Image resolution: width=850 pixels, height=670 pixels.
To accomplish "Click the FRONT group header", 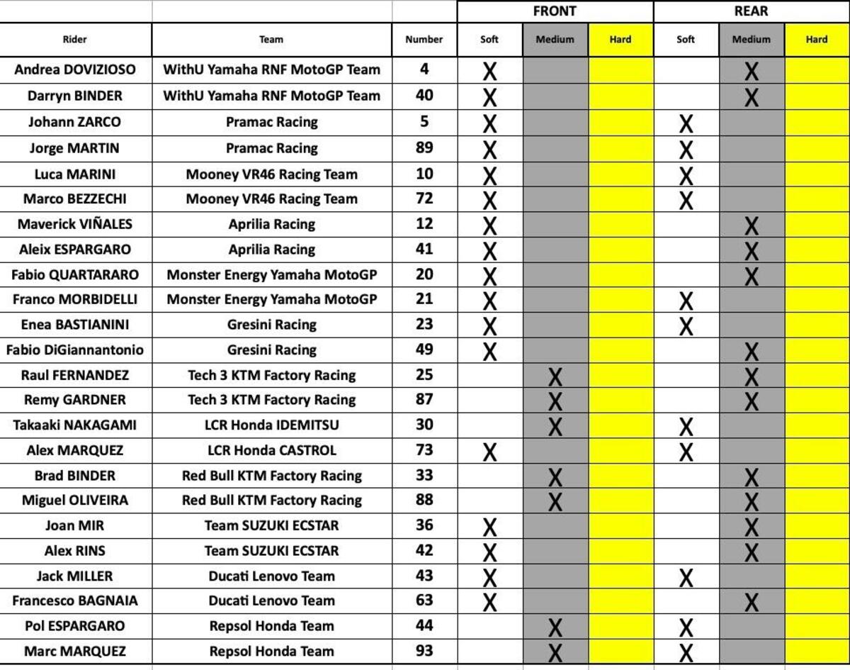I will [x=555, y=11].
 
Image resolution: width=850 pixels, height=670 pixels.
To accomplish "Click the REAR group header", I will [x=751, y=11].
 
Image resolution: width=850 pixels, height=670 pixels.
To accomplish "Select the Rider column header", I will [x=75, y=40].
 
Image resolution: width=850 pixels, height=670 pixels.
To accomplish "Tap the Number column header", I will [x=424, y=40].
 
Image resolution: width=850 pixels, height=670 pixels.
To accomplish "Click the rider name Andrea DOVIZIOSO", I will [x=75, y=69].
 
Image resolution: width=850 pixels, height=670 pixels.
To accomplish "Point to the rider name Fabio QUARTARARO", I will [x=75, y=274].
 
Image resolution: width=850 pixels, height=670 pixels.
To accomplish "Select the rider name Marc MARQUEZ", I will [x=75, y=651].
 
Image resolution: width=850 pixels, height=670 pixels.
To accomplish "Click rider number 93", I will [x=424, y=651].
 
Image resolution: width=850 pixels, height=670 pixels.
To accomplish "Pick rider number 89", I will [x=424, y=148].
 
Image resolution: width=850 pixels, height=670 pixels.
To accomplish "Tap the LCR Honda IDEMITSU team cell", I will [x=271, y=425].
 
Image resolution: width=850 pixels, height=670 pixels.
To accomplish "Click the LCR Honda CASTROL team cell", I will [x=271, y=450].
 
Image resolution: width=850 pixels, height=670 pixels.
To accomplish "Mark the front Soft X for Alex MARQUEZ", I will [x=489, y=452].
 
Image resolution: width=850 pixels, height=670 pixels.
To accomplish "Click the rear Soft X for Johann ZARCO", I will [x=686, y=124].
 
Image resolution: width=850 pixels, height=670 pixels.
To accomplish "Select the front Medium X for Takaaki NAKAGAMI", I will [x=555, y=427].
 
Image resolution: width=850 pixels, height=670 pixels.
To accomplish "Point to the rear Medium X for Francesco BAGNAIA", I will [x=752, y=603].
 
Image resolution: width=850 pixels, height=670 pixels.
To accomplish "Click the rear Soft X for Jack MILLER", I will [x=686, y=578].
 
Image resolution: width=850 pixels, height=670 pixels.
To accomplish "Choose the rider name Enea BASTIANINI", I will [x=75, y=325].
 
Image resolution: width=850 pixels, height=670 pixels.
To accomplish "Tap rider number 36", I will [x=424, y=525].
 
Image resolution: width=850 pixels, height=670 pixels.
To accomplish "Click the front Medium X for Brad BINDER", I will [x=555, y=477].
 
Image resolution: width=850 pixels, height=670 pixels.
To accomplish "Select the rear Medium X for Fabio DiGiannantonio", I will [x=752, y=351].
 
